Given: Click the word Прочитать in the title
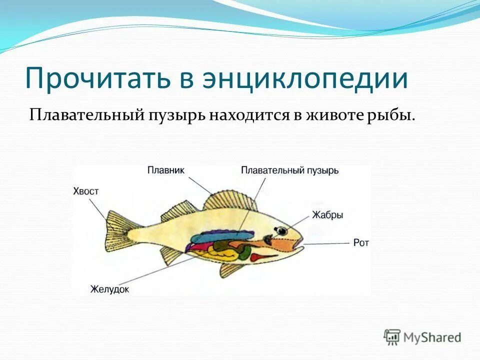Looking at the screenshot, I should click(95, 79).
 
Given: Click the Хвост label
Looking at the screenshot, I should click(86, 191).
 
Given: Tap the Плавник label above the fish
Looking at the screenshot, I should click(165, 170).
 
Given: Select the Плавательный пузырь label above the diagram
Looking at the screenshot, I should click(289, 170).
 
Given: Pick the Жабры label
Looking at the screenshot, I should click(327, 215).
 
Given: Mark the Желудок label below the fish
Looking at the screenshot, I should click(109, 288).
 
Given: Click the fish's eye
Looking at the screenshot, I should click(282, 230).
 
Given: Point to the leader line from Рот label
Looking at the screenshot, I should click(325, 243).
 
